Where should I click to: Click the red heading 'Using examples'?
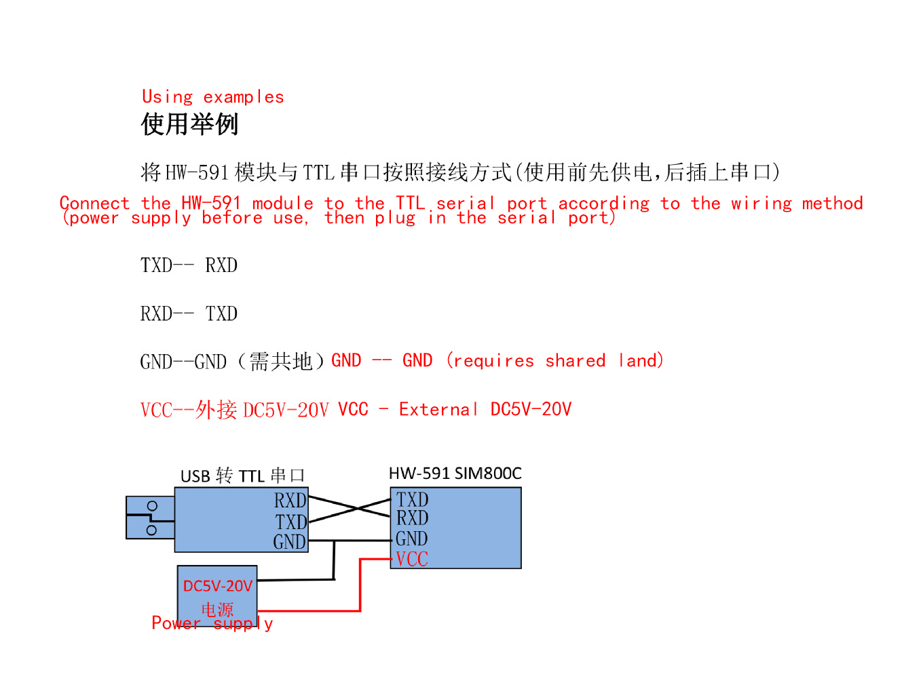(212, 97)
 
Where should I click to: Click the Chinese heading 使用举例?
(189, 124)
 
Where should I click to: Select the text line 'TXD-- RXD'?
(189, 265)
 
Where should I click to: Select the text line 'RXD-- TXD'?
(189, 314)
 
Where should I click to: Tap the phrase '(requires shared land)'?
(555, 361)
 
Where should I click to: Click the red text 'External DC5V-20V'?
(485, 410)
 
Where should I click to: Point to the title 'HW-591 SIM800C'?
(455, 473)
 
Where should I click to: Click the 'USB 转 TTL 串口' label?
(242, 476)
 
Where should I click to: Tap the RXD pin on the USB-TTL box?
(290, 501)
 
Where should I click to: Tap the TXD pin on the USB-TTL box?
(290, 522)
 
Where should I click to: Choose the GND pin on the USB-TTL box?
(289, 542)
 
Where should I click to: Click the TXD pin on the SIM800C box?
(412, 500)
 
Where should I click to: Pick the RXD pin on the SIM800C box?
(412, 518)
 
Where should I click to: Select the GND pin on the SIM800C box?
(411, 539)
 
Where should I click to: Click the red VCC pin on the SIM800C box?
(412, 560)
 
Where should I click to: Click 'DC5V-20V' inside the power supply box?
(217, 586)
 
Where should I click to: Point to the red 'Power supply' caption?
(212, 623)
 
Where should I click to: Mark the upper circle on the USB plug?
(152, 506)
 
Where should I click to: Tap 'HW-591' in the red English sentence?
(211, 203)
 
